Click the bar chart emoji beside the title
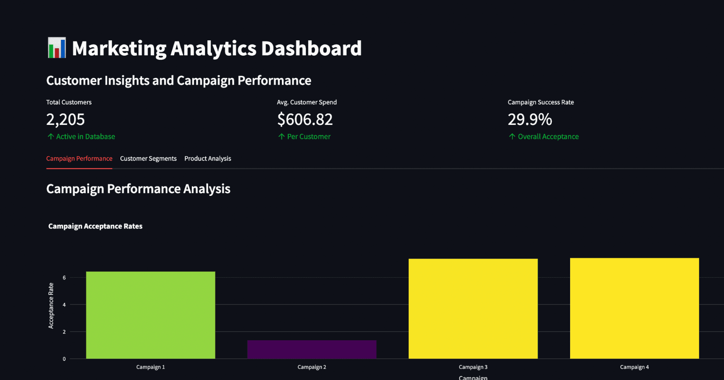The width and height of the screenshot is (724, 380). [57, 48]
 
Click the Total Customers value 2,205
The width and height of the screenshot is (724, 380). [66, 119]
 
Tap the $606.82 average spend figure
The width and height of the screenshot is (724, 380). [305, 119]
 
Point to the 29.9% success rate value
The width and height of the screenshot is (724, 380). [530, 119]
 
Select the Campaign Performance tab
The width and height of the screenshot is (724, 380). [79, 159]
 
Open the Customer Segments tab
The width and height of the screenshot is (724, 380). [148, 159]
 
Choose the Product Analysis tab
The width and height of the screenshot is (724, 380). [208, 159]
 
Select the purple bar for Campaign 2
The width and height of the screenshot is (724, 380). [312, 350]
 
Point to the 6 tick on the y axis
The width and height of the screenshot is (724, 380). [64, 278]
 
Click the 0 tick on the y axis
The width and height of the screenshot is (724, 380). [64, 359]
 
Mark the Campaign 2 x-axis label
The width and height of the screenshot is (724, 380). [312, 367]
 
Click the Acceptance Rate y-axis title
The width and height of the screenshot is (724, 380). [51, 306]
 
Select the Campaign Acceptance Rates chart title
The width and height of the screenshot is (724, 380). [95, 226]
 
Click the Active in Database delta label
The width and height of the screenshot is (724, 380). [85, 137]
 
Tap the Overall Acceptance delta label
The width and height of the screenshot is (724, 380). [548, 137]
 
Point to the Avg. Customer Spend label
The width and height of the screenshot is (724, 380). [307, 102]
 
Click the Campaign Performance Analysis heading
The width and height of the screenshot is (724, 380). [138, 189]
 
